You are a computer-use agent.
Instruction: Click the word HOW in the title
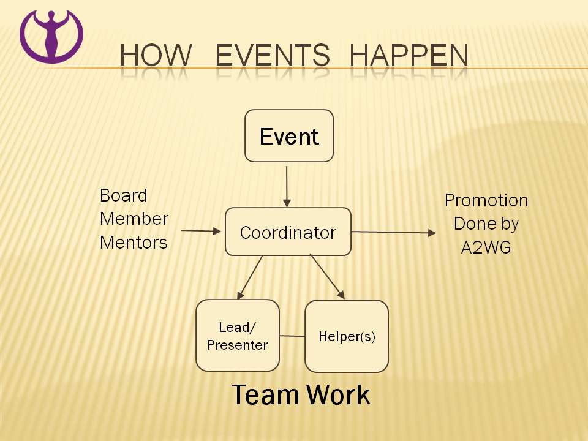click(156, 55)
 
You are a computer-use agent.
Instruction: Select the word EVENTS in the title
click(273, 55)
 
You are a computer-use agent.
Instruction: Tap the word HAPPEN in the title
click(409, 55)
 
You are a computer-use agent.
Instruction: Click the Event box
click(289, 136)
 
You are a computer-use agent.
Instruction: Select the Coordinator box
click(288, 232)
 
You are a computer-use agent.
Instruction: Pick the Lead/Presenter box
click(238, 335)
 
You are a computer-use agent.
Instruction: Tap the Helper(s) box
click(347, 336)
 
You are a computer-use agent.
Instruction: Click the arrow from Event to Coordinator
click(287, 187)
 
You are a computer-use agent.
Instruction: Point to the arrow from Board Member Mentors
click(202, 231)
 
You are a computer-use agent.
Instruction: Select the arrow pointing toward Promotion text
click(394, 233)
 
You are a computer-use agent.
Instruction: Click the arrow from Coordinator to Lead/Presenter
click(250, 277)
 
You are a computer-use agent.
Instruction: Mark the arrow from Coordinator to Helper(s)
click(327, 277)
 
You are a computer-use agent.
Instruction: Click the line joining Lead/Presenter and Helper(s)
click(292, 336)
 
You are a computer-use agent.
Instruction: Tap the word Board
click(124, 195)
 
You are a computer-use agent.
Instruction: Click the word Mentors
click(134, 243)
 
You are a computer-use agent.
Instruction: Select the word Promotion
click(486, 201)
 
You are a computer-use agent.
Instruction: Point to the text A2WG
click(486, 247)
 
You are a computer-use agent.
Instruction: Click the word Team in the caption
click(265, 395)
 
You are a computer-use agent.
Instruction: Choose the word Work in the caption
click(338, 395)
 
